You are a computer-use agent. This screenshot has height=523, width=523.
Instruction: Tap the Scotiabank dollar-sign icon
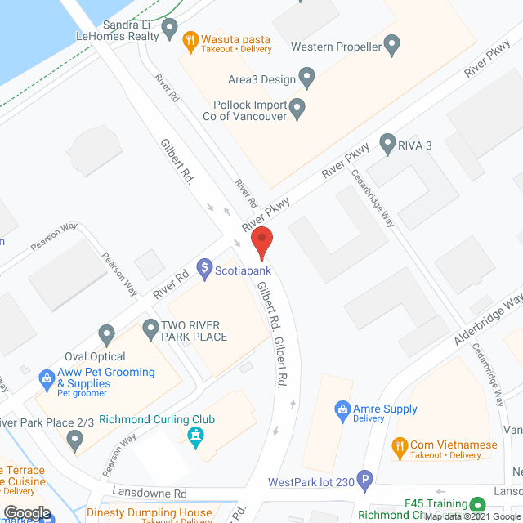point(203,269)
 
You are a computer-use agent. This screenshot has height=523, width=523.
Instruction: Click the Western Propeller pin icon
point(392,47)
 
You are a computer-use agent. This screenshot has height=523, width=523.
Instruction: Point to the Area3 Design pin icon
point(308,78)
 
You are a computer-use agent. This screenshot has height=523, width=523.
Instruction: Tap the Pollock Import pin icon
point(297,107)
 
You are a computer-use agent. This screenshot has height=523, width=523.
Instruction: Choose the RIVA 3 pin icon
point(387,142)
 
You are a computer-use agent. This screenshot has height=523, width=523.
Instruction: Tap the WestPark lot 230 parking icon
point(365,482)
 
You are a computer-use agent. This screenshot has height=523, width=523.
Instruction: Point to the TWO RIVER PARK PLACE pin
point(150,330)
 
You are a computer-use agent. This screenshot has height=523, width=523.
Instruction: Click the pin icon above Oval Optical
point(105,334)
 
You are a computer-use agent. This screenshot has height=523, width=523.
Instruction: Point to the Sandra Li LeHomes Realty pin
point(170,30)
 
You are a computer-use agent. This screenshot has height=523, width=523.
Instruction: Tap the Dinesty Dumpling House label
point(150,513)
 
